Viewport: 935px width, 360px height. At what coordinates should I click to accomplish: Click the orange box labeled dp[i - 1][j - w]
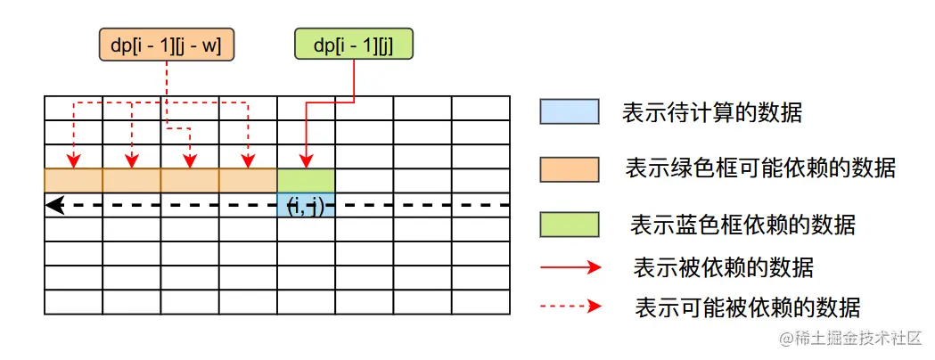[167, 43]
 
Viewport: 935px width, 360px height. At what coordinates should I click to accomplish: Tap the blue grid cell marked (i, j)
[306, 205]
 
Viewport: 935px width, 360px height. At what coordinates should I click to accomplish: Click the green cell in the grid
[306, 180]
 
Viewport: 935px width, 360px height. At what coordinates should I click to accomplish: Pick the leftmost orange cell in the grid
[73, 180]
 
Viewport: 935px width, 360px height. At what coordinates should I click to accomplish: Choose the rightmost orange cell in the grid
[248, 180]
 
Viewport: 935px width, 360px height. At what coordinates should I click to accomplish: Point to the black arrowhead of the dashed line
[54, 205]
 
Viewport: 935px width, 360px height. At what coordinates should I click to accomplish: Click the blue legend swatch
[569, 111]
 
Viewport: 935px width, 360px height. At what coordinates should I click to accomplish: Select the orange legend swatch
[569, 168]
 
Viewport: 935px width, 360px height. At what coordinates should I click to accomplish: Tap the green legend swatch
[569, 224]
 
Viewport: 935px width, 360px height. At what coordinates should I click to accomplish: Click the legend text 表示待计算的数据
[712, 112]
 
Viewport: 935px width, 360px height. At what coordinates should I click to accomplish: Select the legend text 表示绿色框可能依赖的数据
[760, 168]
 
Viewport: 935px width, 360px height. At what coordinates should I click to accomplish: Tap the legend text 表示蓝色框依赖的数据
[742, 224]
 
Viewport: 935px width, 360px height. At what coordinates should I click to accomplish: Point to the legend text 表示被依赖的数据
[723, 266]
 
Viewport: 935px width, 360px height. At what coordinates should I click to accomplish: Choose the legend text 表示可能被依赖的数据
[746, 307]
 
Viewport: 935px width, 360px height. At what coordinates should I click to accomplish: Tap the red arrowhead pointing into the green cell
[306, 163]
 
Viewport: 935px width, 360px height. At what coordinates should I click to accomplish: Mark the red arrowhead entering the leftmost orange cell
[74, 163]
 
